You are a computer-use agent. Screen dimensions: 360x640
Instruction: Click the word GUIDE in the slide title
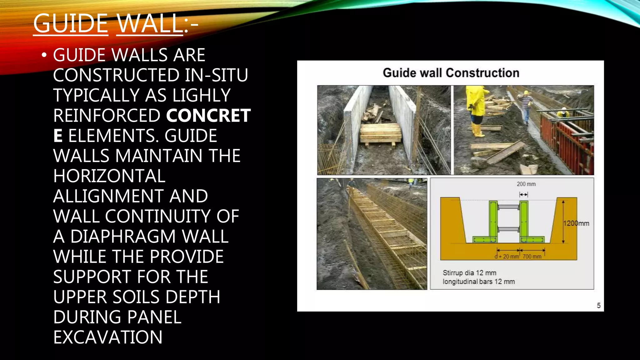coord(71,23)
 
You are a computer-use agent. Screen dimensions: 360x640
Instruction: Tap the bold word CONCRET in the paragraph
coord(208,116)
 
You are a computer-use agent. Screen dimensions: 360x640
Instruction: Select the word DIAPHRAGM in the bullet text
coord(123,236)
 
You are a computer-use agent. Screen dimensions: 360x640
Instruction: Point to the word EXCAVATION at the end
coord(108,337)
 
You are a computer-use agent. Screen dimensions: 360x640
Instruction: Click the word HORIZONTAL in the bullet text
coord(109,176)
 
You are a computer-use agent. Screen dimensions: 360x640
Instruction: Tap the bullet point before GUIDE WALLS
coord(44,55)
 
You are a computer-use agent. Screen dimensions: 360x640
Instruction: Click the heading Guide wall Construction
coord(451,73)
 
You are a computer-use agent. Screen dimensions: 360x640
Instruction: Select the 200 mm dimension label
coord(526,184)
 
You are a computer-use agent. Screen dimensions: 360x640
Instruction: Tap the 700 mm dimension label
coord(532,257)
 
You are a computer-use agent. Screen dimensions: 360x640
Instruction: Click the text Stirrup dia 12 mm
coord(469,273)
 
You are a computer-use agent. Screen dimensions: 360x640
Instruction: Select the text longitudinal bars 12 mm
coord(478,282)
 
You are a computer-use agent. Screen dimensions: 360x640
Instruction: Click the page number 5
coord(598,305)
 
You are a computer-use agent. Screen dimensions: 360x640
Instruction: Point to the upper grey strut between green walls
coord(508,207)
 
